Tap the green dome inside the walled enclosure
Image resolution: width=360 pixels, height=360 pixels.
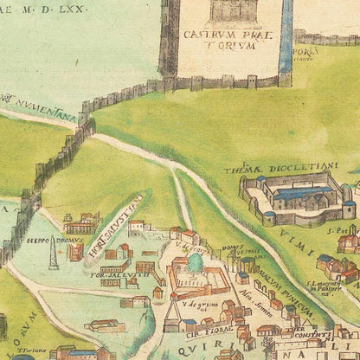[196, 261]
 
